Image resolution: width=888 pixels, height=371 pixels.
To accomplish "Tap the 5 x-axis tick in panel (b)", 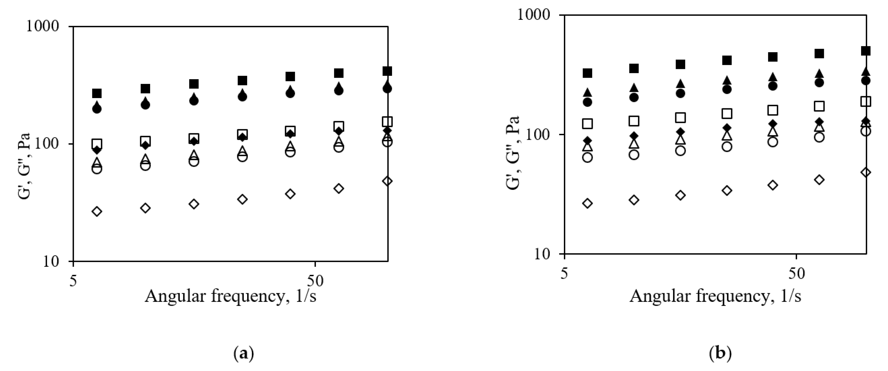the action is pos(564,274).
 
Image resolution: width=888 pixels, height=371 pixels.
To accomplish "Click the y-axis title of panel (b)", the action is pos(513,153).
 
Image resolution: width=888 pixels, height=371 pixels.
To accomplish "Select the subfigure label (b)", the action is pos(720,354).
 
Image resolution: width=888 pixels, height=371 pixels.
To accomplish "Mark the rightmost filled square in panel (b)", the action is pos(866,51).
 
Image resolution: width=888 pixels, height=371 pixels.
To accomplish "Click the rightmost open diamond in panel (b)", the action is pos(866,172).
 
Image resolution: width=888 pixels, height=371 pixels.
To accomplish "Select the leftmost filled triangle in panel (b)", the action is pos(587,93).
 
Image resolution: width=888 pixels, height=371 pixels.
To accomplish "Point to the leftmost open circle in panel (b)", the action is pos(587,157).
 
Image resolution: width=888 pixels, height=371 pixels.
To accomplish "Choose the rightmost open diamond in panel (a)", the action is pos(388,181).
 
